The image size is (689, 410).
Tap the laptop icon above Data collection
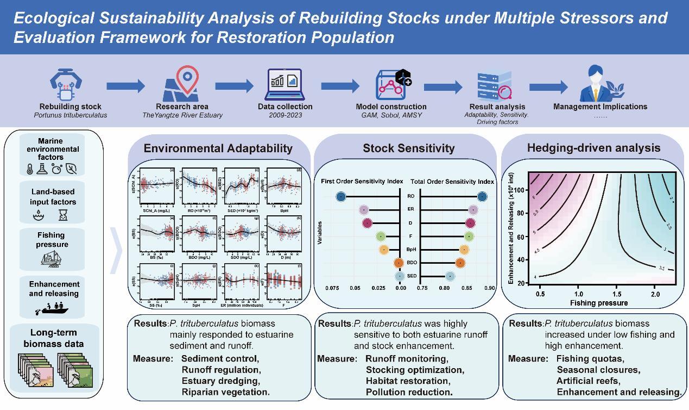point(285,85)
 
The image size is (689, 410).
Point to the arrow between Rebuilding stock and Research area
point(125,85)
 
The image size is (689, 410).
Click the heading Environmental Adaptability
point(218,148)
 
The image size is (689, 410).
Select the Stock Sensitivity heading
point(408,148)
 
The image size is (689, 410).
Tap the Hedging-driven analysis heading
point(593,147)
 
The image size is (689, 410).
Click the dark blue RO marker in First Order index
point(340,196)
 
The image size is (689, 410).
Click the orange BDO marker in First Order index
point(400,263)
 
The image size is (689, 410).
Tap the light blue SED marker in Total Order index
point(450,276)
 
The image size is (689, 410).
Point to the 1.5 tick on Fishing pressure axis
point(617,294)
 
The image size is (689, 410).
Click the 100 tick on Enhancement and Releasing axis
point(520,190)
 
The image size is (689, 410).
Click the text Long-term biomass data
point(53,338)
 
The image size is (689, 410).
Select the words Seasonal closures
point(598,370)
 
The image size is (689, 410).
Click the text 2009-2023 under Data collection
point(285,115)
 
